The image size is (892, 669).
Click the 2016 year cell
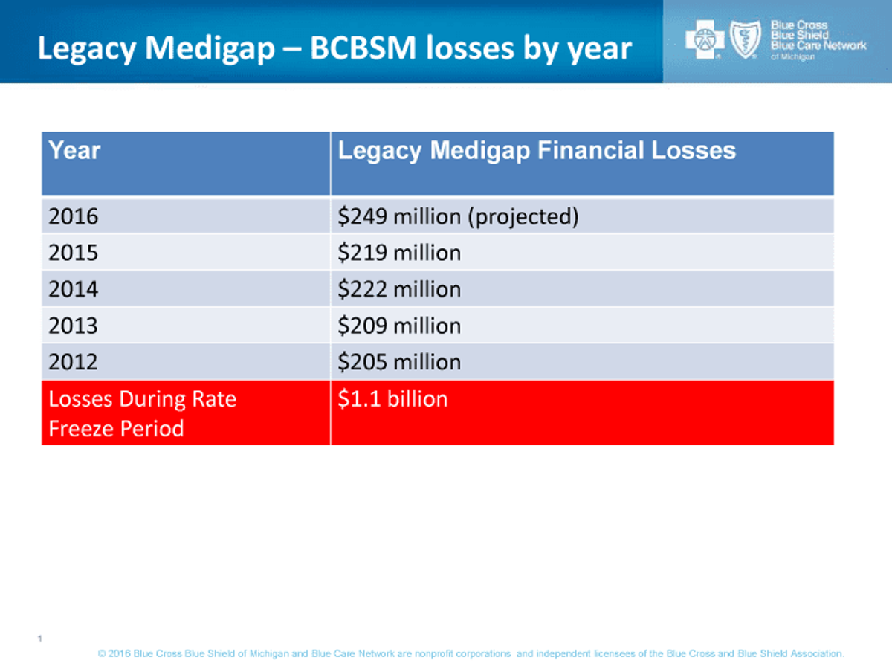(x=73, y=216)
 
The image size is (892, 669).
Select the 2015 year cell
(x=73, y=253)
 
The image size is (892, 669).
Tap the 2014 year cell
(x=73, y=289)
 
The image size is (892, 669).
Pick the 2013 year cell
(x=73, y=326)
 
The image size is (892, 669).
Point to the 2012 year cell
(x=73, y=362)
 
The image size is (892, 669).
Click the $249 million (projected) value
(x=458, y=216)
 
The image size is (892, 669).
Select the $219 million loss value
(x=399, y=253)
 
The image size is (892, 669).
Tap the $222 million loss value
(x=399, y=289)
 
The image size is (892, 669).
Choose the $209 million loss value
(x=399, y=326)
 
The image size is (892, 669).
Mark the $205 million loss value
(x=399, y=362)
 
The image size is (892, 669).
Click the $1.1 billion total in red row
(x=392, y=399)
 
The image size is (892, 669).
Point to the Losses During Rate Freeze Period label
(x=142, y=413)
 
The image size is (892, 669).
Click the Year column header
(x=74, y=150)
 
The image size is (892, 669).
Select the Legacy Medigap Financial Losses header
(x=537, y=150)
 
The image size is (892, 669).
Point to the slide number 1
(x=38, y=639)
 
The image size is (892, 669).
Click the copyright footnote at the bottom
(x=471, y=654)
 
